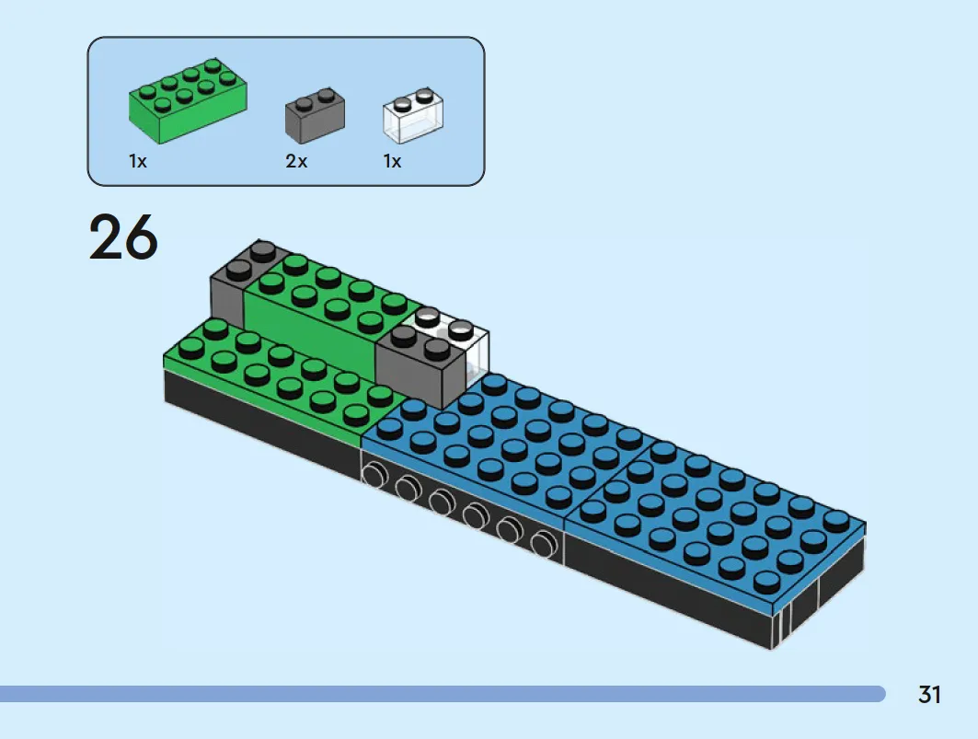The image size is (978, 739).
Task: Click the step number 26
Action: [123, 237]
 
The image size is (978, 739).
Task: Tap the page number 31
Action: [928, 694]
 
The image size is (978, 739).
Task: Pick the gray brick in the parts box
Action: [315, 115]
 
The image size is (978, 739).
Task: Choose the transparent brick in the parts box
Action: [413, 115]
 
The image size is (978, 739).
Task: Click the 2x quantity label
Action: [296, 161]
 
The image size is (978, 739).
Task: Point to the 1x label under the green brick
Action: [138, 161]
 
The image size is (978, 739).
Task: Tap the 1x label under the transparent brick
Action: [392, 161]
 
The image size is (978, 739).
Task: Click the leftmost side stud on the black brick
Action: [374, 475]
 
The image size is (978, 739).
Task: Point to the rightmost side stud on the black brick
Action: [544, 542]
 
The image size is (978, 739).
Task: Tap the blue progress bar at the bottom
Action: [442, 693]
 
